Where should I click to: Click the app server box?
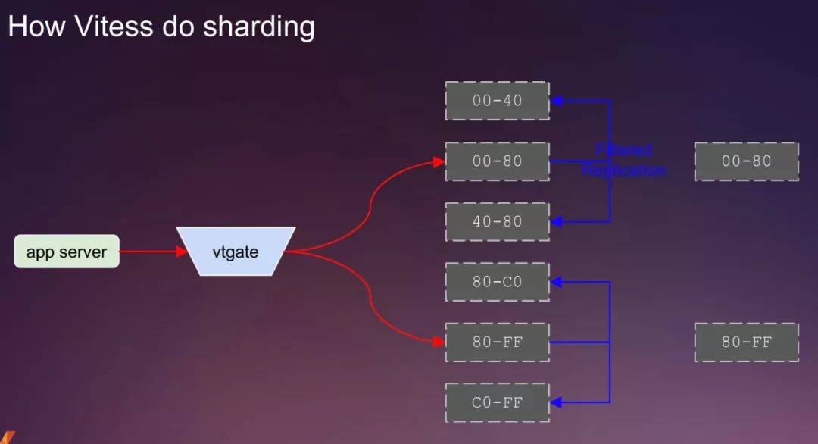(x=67, y=252)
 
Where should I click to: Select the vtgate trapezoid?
(x=236, y=252)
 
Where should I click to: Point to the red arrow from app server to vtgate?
(x=148, y=252)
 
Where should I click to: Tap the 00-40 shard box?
(x=497, y=101)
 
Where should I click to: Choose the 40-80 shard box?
(x=497, y=221)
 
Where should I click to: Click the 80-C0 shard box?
(x=497, y=282)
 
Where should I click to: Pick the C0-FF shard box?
(x=497, y=402)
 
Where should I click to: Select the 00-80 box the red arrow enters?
(x=497, y=161)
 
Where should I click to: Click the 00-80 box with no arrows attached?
(x=746, y=161)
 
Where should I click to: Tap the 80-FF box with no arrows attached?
(x=746, y=342)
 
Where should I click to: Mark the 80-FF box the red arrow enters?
(x=497, y=342)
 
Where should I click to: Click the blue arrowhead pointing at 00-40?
(x=557, y=101)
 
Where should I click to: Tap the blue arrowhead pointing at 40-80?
(x=557, y=221)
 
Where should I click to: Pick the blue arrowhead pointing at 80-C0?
(x=557, y=282)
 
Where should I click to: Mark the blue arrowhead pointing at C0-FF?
(x=557, y=402)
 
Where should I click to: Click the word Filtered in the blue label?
(x=623, y=150)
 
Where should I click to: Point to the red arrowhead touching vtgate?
(x=182, y=252)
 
